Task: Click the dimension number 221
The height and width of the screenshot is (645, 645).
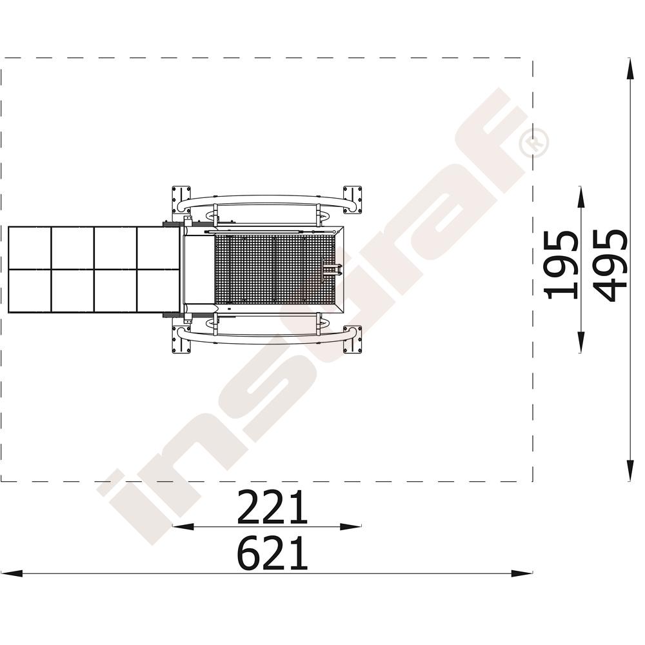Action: [x=272, y=507]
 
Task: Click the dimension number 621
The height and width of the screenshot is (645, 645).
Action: [x=272, y=553]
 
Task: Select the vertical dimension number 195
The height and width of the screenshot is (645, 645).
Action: [x=561, y=265]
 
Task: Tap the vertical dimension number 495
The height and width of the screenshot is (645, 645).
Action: [x=611, y=265]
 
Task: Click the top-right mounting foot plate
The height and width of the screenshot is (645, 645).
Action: [x=353, y=199]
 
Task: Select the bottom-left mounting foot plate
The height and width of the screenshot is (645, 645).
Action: [x=181, y=339]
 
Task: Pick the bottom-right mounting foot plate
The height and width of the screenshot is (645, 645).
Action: [x=353, y=339]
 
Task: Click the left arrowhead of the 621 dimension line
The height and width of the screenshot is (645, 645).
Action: [x=12, y=573]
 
